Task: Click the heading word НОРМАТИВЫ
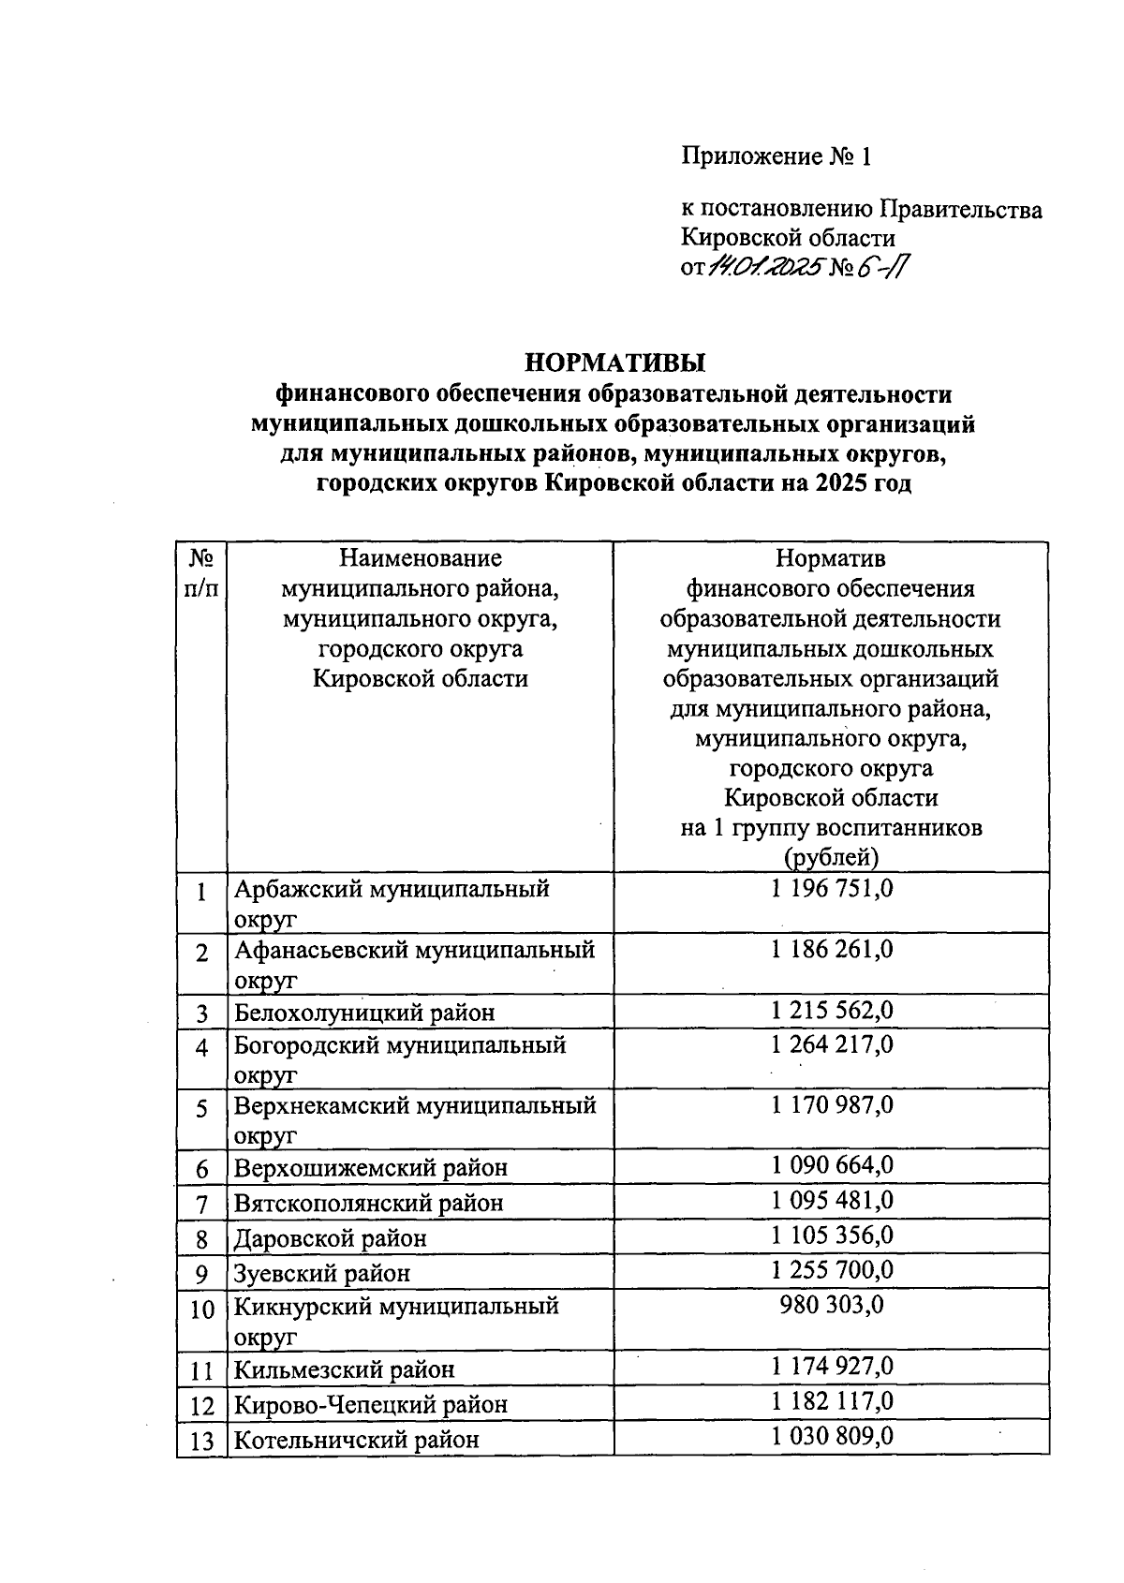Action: [614, 362]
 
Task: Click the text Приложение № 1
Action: [776, 156]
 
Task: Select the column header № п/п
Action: [201, 573]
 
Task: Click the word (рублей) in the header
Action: [830, 857]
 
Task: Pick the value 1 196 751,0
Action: [832, 888]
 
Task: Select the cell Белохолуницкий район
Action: [364, 1013]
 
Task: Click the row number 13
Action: [201, 1441]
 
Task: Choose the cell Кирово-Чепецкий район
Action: [371, 1405]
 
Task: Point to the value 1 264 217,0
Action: [832, 1043]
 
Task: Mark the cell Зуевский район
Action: [322, 1273]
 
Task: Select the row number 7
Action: [201, 1204]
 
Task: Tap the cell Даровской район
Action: [331, 1238]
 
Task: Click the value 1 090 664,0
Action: [832, 1165]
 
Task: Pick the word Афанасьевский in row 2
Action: [320, 950]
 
